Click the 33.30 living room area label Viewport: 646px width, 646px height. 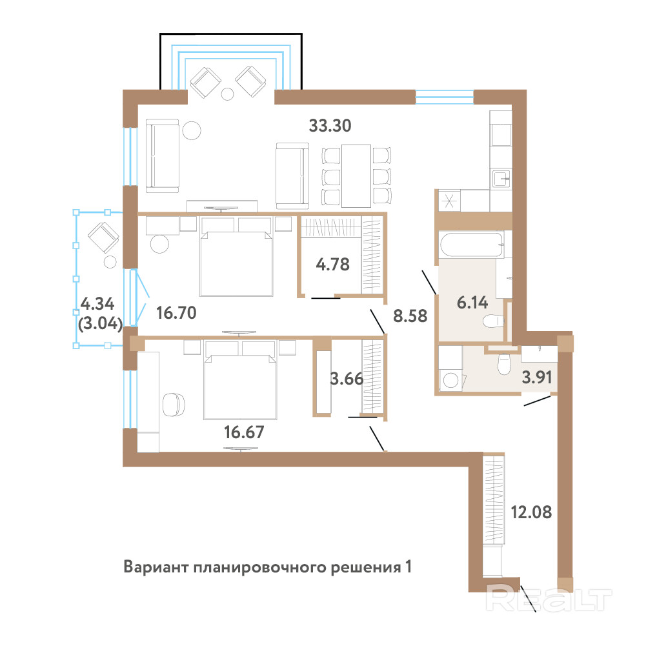[330, 126]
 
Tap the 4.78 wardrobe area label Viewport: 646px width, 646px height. [333, 264]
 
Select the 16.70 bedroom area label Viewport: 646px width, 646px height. [176, 313]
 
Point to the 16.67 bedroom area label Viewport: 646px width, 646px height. [244, 432]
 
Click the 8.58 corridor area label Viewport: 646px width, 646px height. [410, 316]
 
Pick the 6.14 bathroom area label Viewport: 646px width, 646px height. [472, 303]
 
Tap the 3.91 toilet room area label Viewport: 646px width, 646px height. [536, 377]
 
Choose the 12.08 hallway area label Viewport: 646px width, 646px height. [531, 512]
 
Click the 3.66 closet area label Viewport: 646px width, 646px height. [347, 379]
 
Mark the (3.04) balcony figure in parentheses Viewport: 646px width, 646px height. [100, 323]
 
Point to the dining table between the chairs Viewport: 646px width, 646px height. [356, 176]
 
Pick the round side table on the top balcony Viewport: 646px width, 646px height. [227, 94]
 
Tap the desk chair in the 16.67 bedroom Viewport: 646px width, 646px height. [174, 405]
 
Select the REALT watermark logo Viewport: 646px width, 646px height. [549, 600]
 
